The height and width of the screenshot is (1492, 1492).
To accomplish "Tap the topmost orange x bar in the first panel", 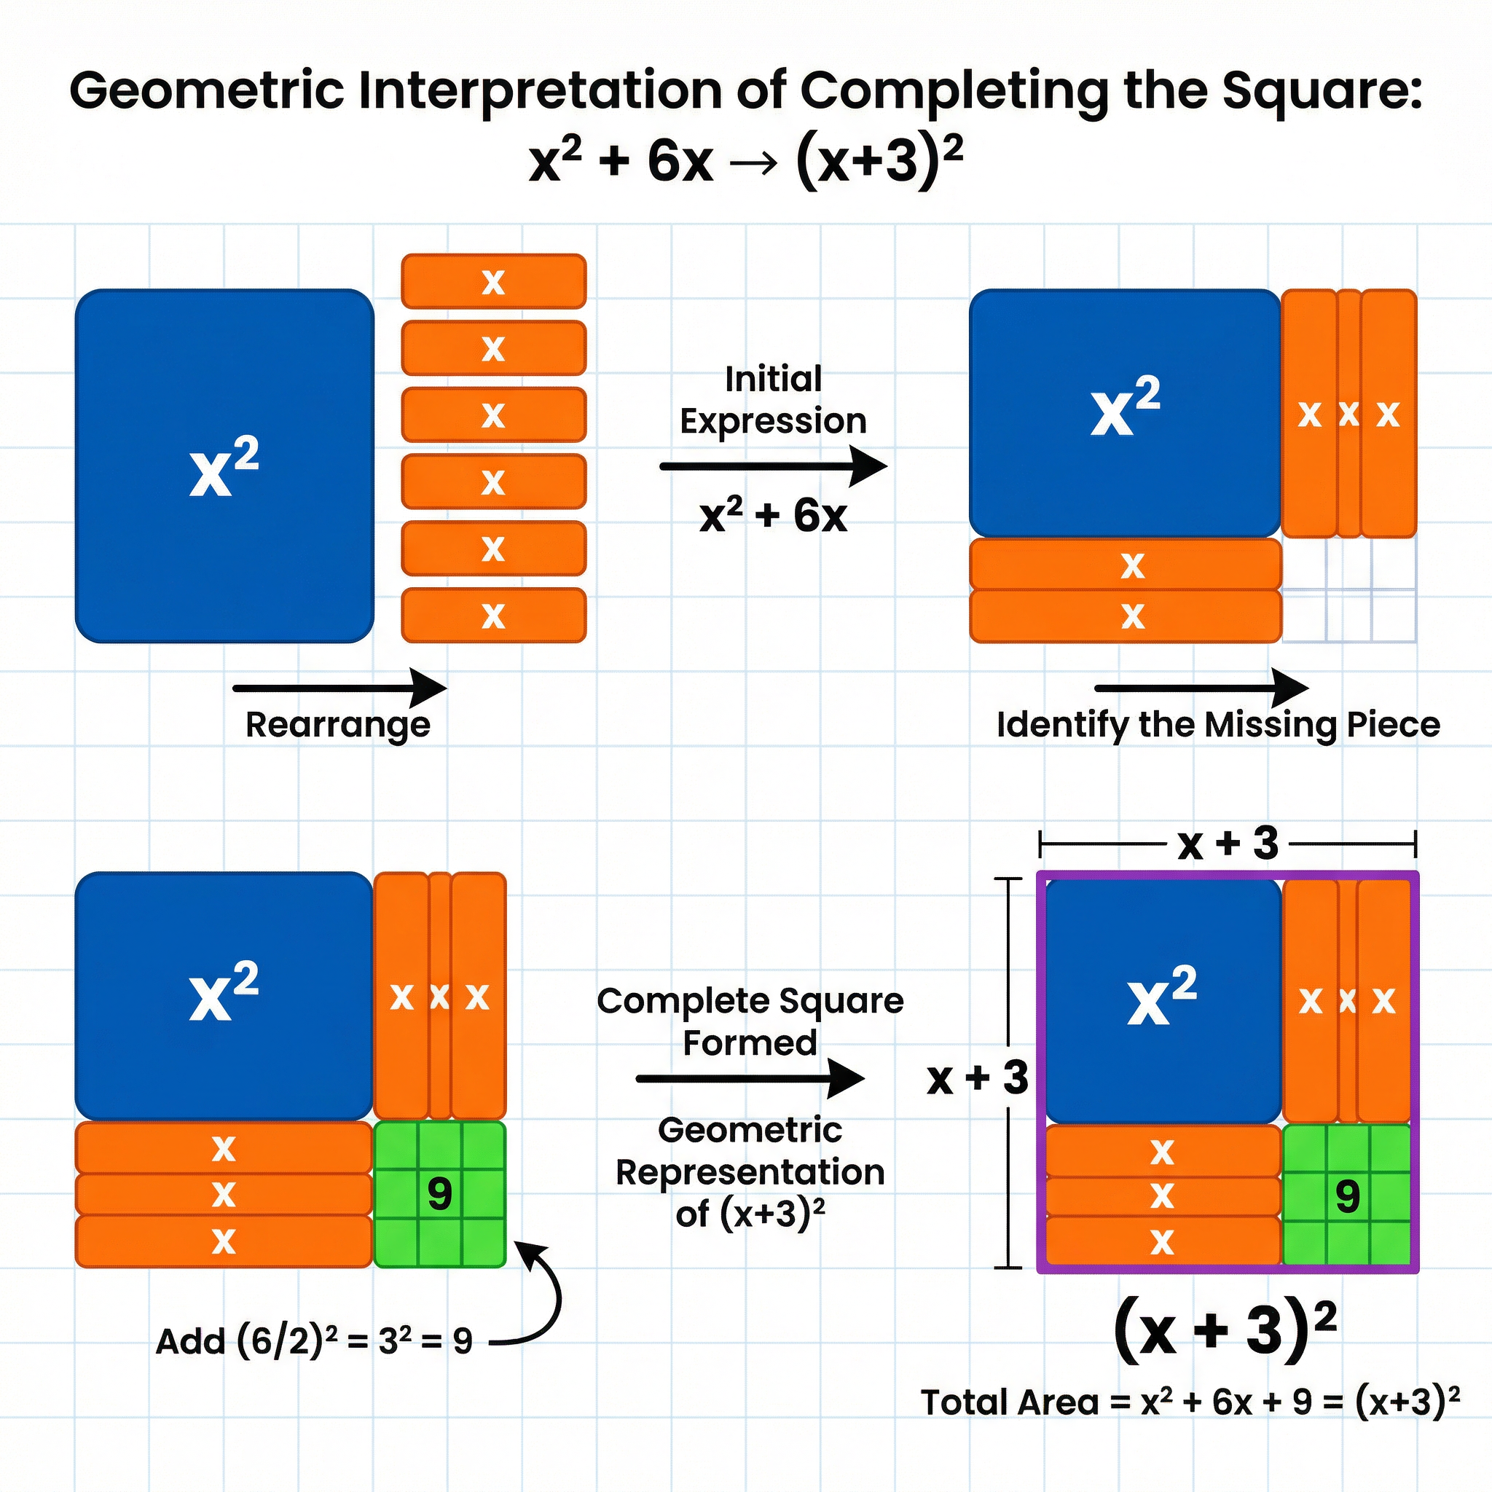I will pos(493,281).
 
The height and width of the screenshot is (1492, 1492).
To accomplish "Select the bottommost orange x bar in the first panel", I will pos(493,616).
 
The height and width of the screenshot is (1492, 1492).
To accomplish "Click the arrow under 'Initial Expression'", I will pos(772,466).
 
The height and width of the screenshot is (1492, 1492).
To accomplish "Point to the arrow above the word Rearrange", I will pos(339,687).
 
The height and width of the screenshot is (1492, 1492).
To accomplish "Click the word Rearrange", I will pos(337,724).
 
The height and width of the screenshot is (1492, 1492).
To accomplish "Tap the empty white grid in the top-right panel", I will pos(1348,591).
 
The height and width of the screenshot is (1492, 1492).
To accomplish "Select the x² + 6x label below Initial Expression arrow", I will pos(772,516).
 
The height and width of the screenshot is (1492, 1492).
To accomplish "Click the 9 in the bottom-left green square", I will pos(439,1194).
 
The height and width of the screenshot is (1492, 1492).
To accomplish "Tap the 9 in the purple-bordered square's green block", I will pos(1348,1197).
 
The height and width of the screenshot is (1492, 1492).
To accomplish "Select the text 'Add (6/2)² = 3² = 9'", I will pos(313,1341).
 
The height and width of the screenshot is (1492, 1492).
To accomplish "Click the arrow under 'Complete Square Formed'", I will pos(749,1078).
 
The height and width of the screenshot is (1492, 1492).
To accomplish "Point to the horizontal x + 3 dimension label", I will pos(1228,844).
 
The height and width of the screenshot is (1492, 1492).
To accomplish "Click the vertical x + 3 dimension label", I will pos(977,1078).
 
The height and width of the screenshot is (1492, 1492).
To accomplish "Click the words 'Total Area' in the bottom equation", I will pos(1009,1402).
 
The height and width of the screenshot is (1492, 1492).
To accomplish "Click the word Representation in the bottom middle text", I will pos(749,1172).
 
